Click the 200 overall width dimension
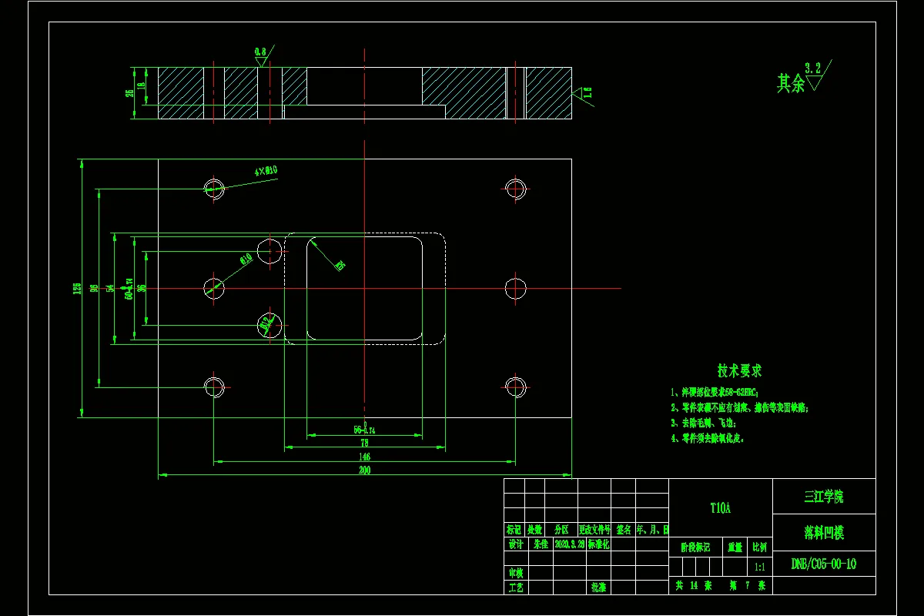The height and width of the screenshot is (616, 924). (364, 470)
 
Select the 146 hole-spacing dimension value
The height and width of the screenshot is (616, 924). (364, 457)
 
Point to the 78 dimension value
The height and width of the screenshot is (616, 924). (364, 443)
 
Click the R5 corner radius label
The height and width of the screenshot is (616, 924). (340, 266)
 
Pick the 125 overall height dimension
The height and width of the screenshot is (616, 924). (77, 289)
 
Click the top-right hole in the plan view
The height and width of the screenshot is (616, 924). (515, 187)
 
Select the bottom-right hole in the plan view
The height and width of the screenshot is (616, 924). (515, 387)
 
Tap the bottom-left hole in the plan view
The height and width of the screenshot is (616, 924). (213, 387)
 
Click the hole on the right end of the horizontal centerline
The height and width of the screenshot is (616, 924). (515, 288)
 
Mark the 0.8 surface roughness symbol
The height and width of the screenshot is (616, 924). (261, 52)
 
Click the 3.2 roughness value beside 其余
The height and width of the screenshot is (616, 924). (813, 68)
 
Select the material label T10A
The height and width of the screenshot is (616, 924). (720, 508)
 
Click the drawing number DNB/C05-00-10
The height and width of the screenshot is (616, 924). (823, 564)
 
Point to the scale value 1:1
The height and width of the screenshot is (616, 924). (759, 567)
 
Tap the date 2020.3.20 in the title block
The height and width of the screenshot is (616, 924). (569, 544)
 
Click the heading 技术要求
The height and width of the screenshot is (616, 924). (739, 371)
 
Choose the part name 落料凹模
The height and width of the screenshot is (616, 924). (823, 532)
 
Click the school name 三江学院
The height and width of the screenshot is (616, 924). (823, 497)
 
